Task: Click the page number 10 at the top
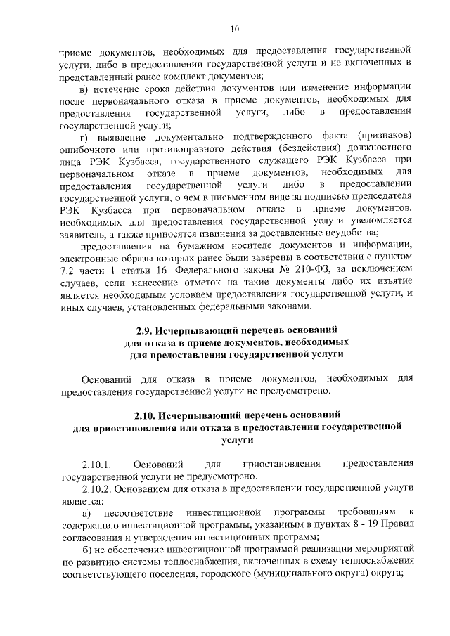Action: coord(235,28)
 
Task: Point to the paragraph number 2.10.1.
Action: coord(97,464)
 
